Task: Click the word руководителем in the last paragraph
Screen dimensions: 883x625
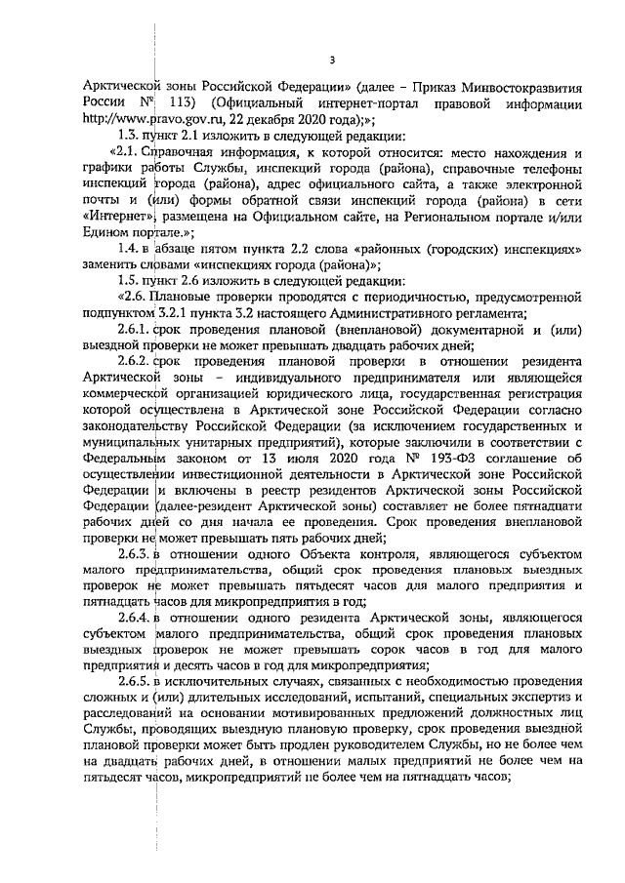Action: click(x=437, y=747)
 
